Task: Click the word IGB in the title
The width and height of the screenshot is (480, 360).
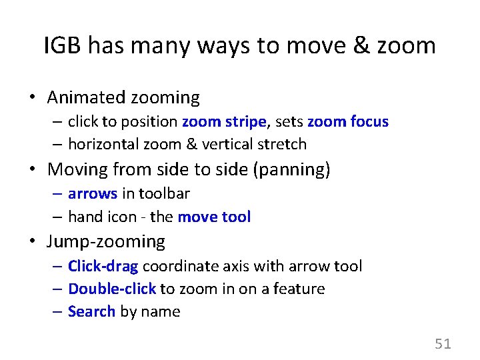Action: coord(63,46)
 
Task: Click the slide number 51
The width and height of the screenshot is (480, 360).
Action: coord(443,344)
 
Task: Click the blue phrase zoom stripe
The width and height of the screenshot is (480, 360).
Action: coord(224,121)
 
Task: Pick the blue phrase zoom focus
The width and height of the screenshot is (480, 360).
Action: coord(347,121)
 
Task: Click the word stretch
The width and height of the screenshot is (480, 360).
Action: coord(283,144)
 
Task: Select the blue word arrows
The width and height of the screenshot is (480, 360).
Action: coord(93,194)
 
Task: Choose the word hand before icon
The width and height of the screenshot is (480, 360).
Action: coord(84,217)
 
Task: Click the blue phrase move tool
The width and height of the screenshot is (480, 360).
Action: coord(214,217)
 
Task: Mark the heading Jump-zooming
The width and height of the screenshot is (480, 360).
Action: coord(107,241)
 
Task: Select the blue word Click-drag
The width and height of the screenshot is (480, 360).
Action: coord(103,267)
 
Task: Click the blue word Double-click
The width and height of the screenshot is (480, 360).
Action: coord(112,289)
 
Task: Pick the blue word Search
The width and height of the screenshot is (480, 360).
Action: coord(91,312)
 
